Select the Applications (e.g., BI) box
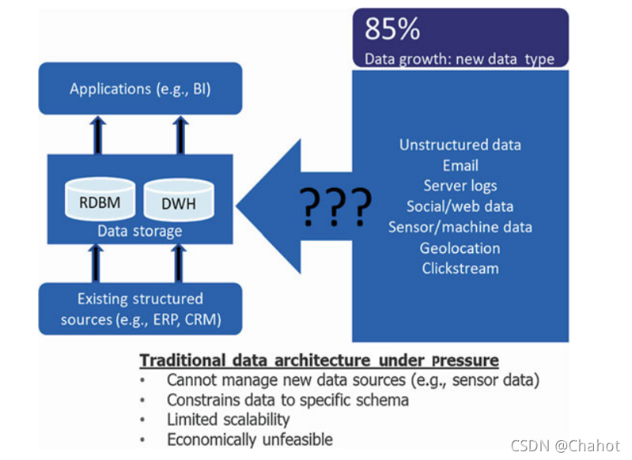140,89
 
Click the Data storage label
139,232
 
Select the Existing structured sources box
140,309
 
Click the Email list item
460,165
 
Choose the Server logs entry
460,186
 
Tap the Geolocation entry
460,247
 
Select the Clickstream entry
460,268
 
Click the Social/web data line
460,206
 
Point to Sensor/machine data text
460,227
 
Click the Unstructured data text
460,145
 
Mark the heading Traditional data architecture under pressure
320,360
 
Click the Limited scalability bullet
228,419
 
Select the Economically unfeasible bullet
249,439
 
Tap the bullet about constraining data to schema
287,399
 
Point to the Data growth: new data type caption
460,58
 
